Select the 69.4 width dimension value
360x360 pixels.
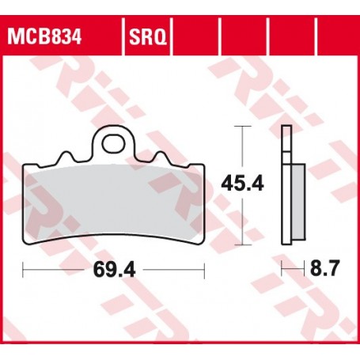tap(115, 271)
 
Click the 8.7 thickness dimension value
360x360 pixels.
tap(324, 271)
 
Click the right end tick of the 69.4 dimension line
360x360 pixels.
tap(205, 271)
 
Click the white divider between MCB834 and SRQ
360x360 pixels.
tap(120, 36)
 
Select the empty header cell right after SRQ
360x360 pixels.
tap(196, 36)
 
